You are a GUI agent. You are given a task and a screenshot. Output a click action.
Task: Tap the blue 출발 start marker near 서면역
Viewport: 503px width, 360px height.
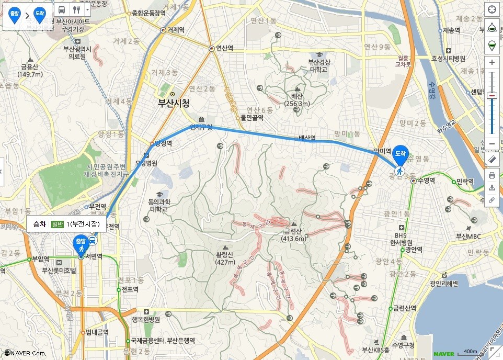click(x=79, y=243)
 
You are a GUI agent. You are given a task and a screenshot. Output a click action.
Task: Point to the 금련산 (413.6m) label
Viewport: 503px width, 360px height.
click(x=293, y=235)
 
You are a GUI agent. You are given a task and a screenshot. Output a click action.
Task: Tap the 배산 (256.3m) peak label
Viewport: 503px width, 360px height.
click(x=297, y=100)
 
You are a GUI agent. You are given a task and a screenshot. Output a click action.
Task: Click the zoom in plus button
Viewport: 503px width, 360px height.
click(x=491, y=62)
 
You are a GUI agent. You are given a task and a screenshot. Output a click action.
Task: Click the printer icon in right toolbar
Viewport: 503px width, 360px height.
click(x=491, y=175)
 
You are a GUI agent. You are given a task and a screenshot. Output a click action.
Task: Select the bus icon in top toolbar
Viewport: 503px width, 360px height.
click(x=62, y=9)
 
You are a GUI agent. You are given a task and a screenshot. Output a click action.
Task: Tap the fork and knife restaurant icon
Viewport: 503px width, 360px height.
click(x=77, y=9)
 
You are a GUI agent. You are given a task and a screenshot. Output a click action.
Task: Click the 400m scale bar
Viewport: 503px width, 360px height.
click(x=470, y=352)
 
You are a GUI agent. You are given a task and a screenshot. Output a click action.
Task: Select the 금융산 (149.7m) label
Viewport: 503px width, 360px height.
click(x=30, y=70)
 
